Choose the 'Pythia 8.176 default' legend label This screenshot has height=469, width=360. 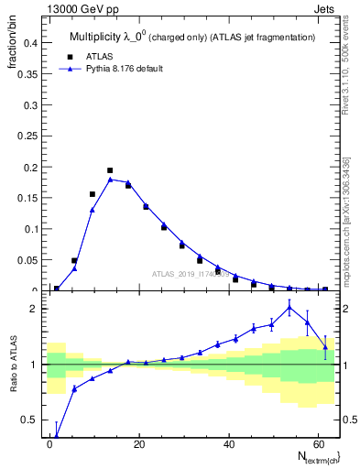point(125,69)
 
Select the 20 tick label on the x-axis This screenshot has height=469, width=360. point(138,442)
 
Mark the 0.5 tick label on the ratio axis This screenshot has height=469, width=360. point(27,420)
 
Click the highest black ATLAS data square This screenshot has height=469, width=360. point(110,170)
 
